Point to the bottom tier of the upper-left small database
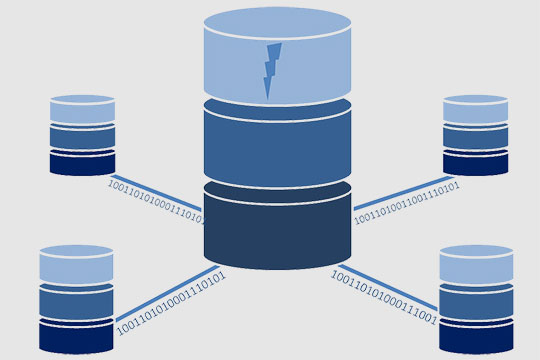pos(82,162)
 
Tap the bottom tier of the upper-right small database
pos(476,162)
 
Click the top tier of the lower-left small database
pos(76,265)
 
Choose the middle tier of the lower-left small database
pos(76,302)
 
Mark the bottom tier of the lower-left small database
pos(76,336)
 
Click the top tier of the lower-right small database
pos(476,265)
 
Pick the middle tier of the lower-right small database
pos(476,302)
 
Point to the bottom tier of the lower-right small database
pos(476,336)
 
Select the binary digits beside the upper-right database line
pos(406,201)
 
